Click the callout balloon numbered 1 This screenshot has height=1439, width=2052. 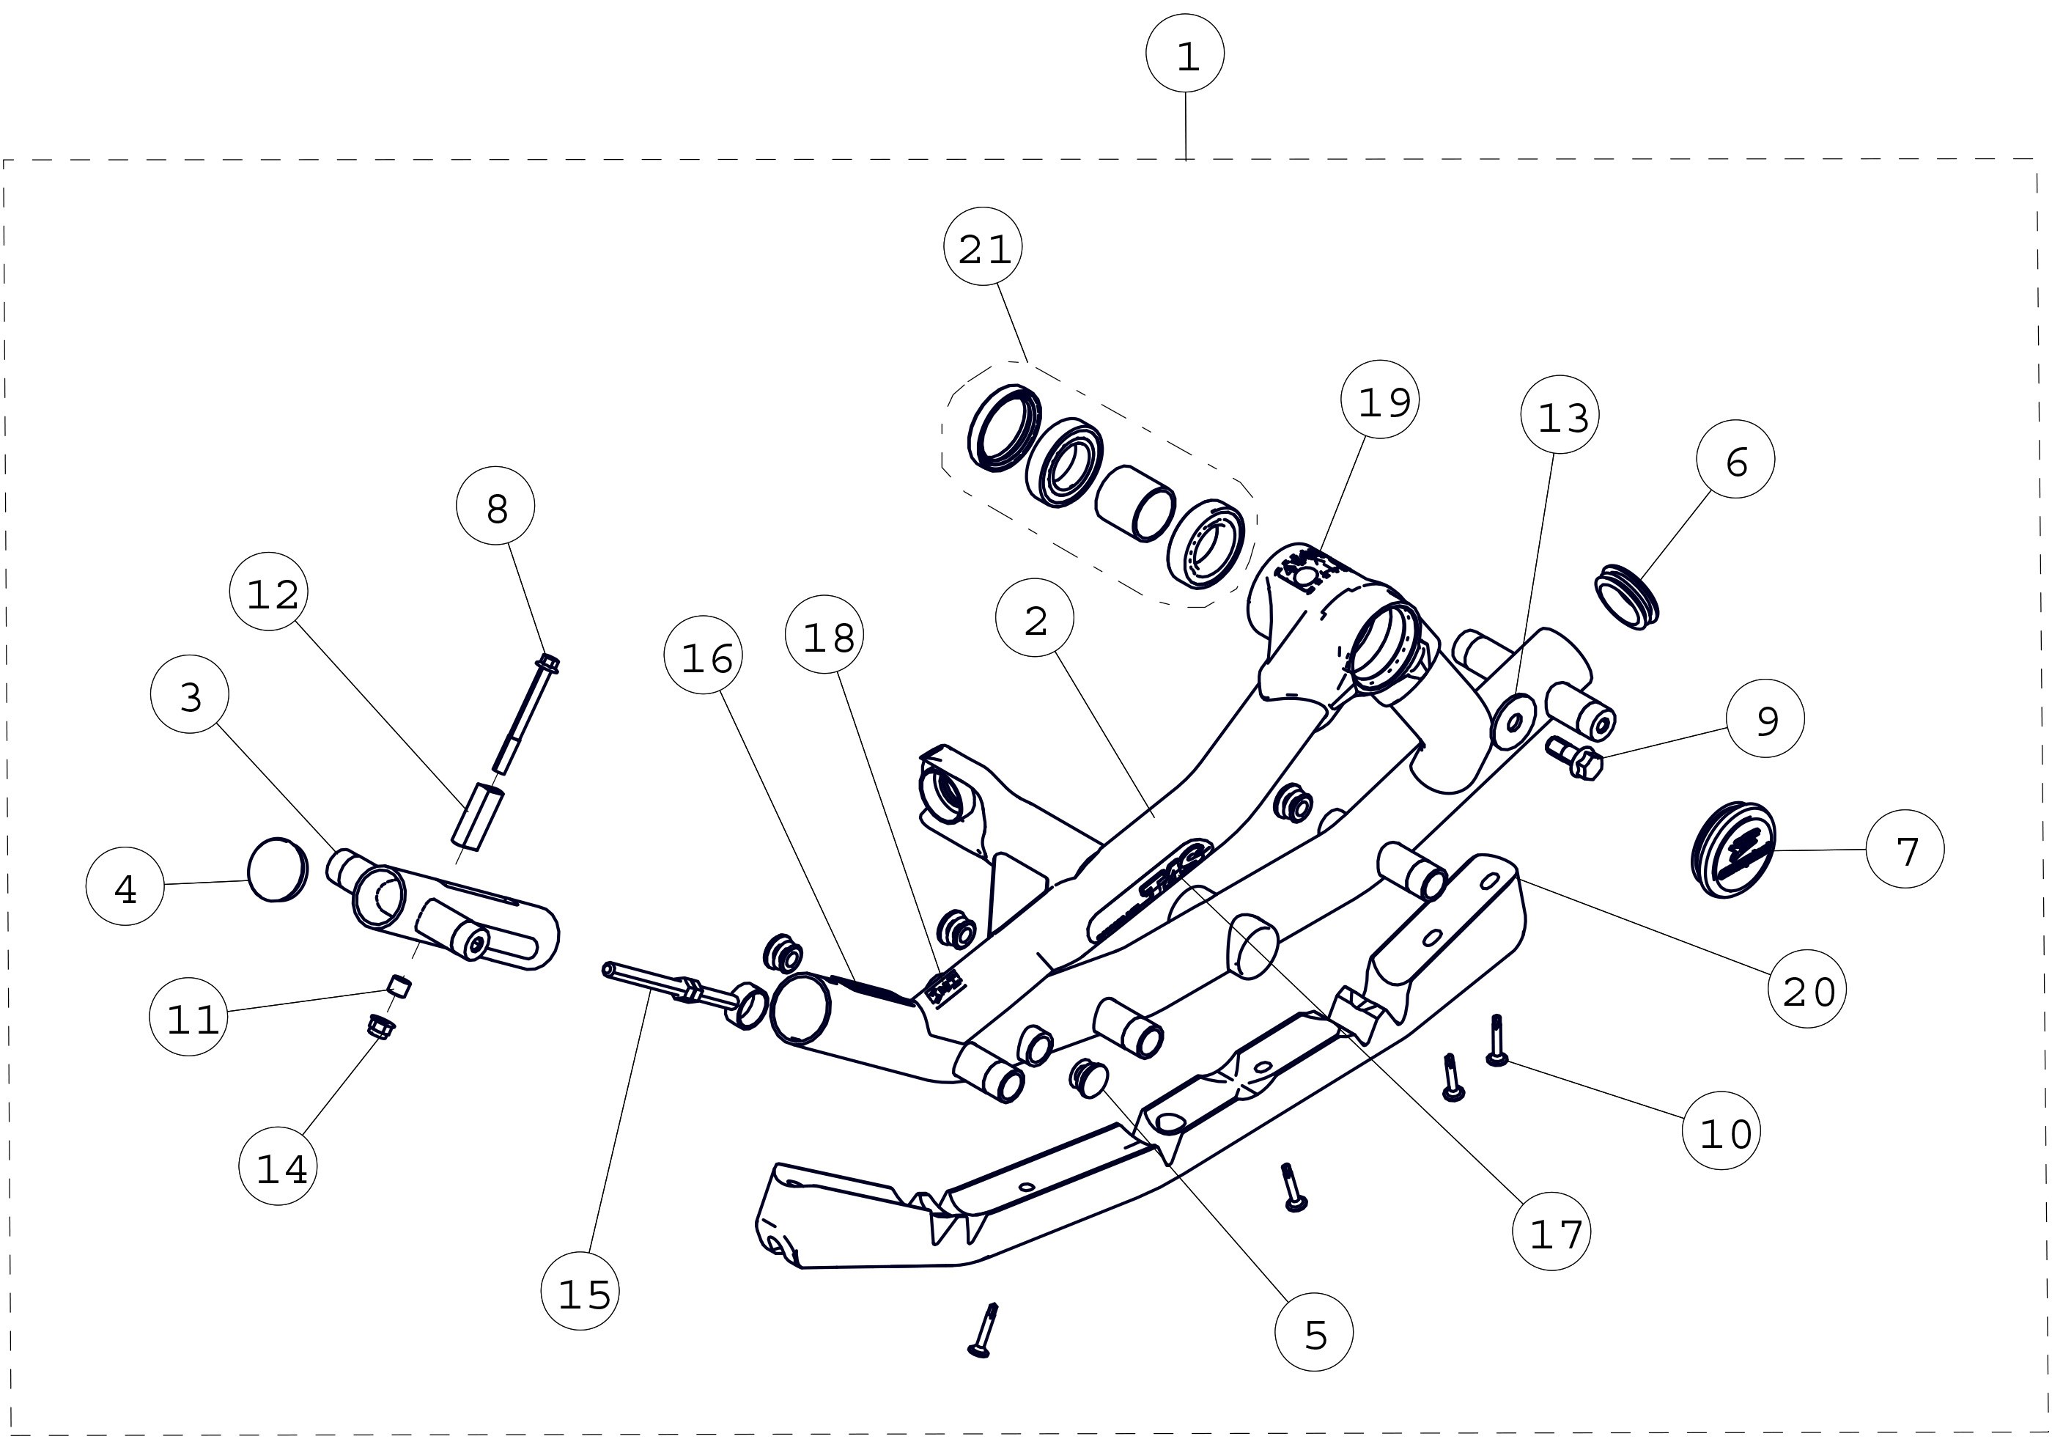[x=1185, y=54]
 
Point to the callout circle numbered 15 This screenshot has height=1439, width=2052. [x=581, y=1292]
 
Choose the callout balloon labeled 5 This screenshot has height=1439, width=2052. [x=1314, y=1332]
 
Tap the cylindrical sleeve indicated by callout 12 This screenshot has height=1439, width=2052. [x=477, y=814]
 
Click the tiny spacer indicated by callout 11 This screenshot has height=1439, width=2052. [x=400, y=987]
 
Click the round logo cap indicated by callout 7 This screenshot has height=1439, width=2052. [x=1732, y=849]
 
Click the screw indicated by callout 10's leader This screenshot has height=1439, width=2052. [x=1496, y=1040]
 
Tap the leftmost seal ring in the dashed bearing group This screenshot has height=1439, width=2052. [x=1005, y=429]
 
